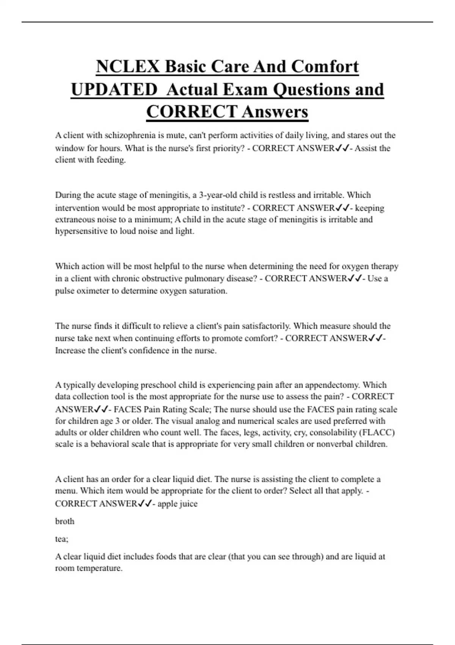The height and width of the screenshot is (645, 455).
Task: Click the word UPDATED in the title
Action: [114, 90]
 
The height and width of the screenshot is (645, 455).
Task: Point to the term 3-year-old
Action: [218, 195]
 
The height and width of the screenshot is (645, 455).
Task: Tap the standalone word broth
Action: [65, 521]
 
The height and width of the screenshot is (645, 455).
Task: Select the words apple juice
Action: [177, 504]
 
